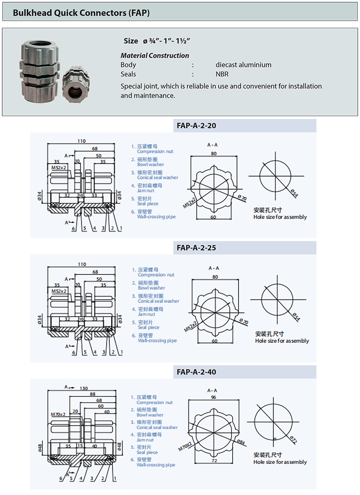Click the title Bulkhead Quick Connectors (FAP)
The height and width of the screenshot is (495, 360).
[81, 13]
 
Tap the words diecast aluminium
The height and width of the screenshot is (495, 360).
[243, 65]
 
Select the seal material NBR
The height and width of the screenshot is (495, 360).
[222, 74]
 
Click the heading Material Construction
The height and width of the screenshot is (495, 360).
[155, 55]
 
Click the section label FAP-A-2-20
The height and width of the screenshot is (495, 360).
[196, 126]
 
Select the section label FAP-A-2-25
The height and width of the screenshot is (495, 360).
[197, 247]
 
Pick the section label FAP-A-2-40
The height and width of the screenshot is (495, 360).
[197, 372]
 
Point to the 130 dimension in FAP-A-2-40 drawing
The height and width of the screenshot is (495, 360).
[84, 388]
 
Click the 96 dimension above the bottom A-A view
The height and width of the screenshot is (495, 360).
[213, 398]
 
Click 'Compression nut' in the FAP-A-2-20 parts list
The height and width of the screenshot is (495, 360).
[155, 152]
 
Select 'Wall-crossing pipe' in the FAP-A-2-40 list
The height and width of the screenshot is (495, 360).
[156, 465]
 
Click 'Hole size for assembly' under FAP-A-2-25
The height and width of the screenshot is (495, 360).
[282, 341]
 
